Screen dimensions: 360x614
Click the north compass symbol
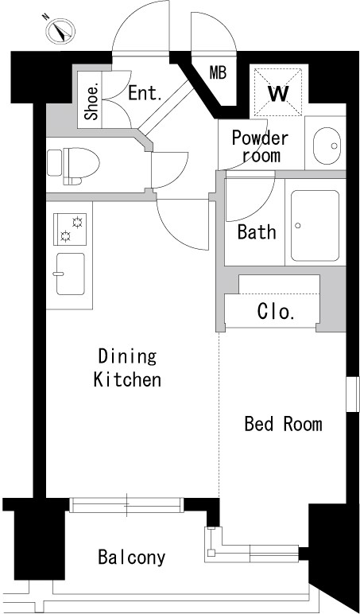click(x=60, y=30)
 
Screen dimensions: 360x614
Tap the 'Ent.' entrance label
click(x=145, y=94)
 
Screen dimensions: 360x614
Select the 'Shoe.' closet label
click(x=93, y=103)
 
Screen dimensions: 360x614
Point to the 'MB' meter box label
click(x=218, y=73)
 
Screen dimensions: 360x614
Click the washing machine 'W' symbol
click(x=278, y=92)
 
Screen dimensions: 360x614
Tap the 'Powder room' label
click(x=260, y=146)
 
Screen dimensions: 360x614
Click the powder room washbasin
click(x=327, y=146)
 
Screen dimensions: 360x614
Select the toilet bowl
click(x=81, y=164)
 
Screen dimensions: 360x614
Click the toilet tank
click(x=54, y=162)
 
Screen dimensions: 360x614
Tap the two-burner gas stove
click(x=70, y=230)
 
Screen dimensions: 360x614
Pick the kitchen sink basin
click(x=71, y=274)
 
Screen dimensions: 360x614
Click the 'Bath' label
click(x=257, y=231)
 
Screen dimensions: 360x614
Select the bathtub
click(x=315, y=226)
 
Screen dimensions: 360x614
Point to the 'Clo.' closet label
click(x=276, y=312)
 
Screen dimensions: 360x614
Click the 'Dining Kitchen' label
click(x=128, y=368)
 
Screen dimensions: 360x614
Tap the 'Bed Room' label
click(x=283, y=424)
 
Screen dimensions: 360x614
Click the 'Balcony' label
click(x=131, y=558)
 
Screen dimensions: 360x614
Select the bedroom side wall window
click(x=353, y=394)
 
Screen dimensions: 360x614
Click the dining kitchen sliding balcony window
click(x=127, y=505)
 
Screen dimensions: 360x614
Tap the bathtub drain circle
click(x=298, y=226)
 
